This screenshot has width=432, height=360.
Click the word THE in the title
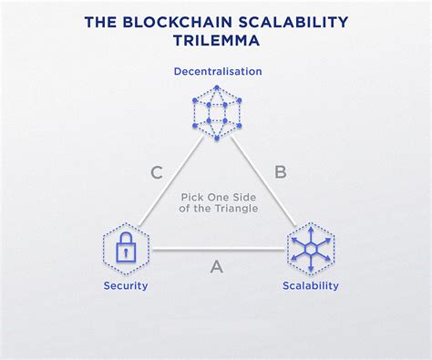point(100,19)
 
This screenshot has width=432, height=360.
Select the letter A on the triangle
point(216,266)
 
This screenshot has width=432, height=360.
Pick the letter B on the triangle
point(281,170)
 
